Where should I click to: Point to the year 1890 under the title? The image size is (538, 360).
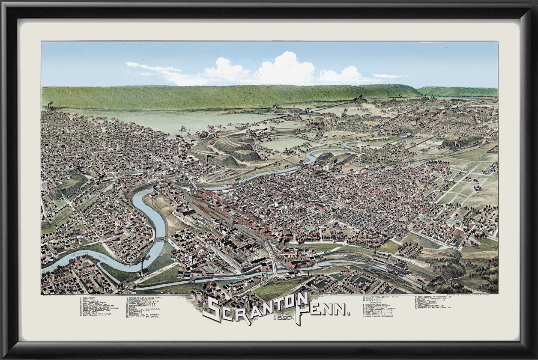click(282, 318)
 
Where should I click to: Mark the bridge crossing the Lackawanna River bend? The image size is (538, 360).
click(159, 239)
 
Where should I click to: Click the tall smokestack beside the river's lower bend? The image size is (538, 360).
click(142, 266)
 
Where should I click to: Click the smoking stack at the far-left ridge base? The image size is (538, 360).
click(51, 104)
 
